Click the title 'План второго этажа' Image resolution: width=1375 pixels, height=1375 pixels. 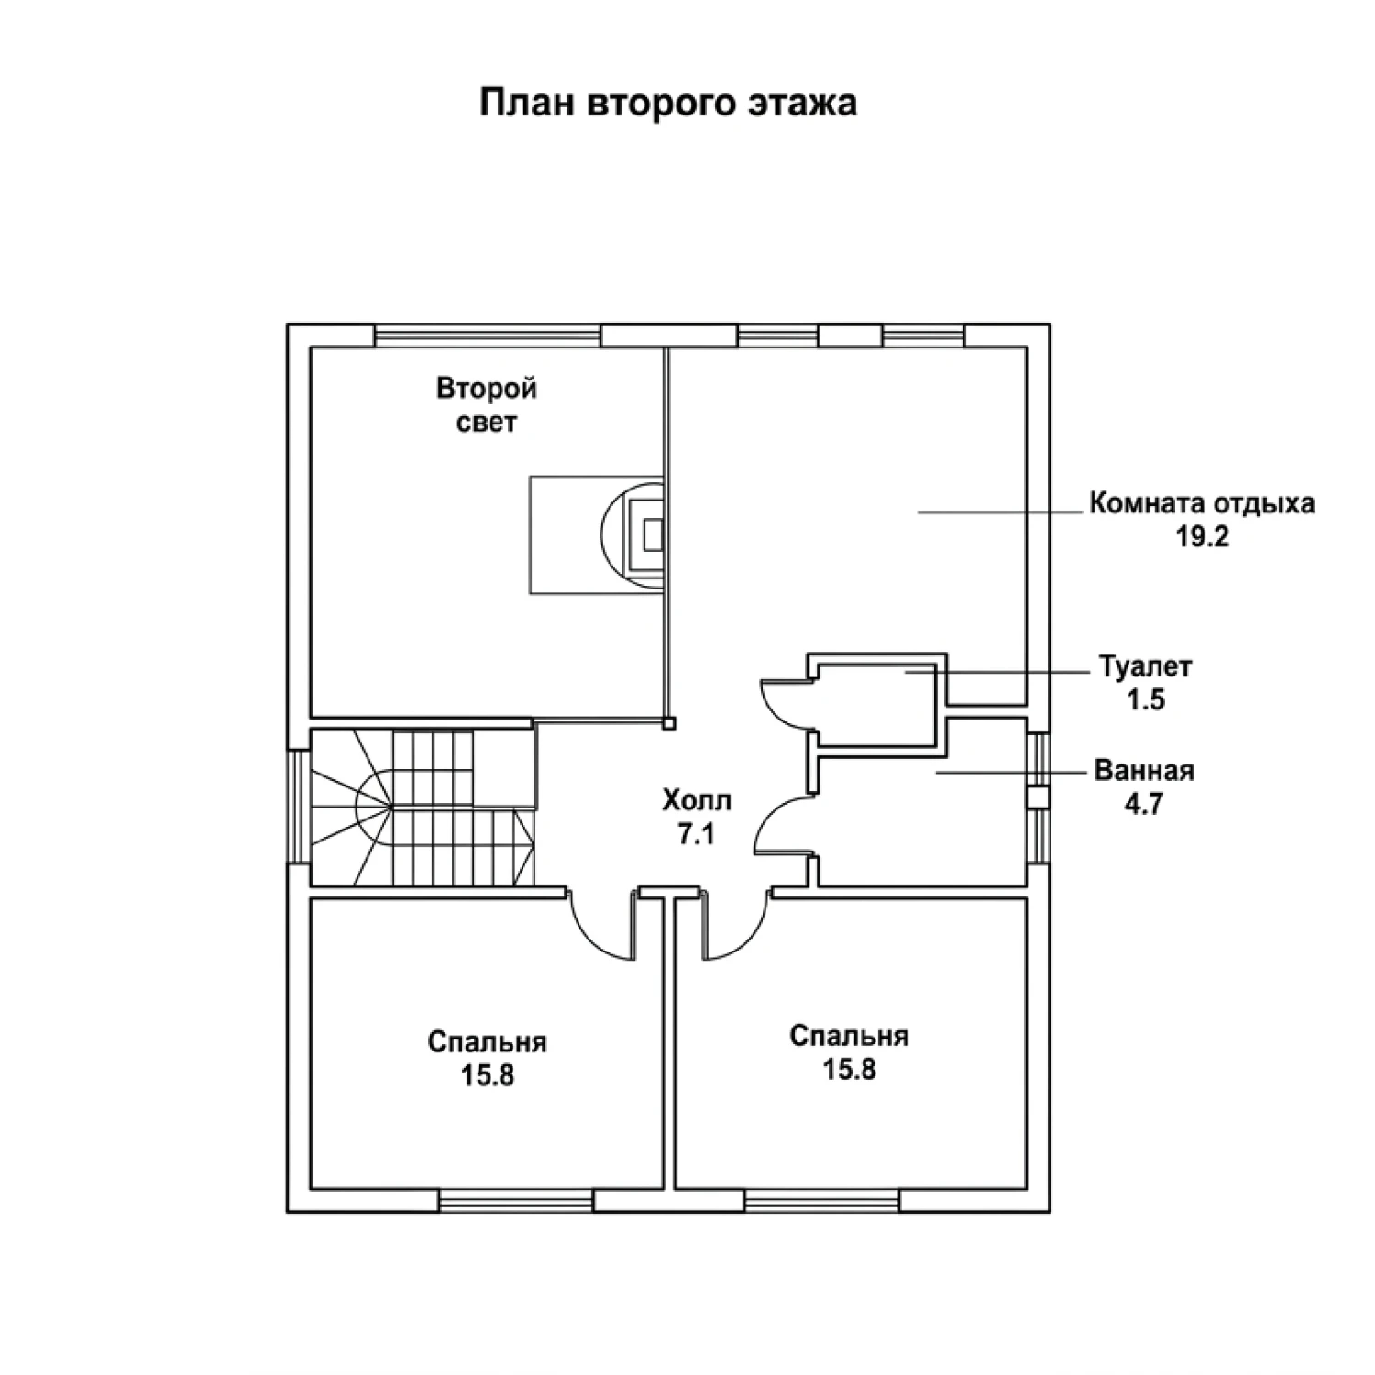pos(668,103)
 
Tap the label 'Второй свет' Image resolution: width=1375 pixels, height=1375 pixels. pos(486,405)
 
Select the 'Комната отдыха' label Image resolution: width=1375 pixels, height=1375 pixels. pos(1202,503)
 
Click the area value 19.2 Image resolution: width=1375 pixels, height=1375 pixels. pos(1202,537)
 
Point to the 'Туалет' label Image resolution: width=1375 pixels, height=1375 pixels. pos(1146,666)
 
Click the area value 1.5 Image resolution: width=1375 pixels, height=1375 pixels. pos(1146,700)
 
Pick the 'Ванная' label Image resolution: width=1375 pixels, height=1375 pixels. pos(1144,770)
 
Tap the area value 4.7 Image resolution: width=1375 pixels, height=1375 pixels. pos(1144,804)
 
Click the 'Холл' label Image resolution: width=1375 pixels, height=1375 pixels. pos(697,801)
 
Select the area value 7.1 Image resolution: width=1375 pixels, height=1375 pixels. pos(697,835)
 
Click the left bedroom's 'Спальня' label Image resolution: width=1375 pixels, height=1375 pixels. pos(487,1042)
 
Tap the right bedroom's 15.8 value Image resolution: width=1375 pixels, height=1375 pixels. pos(849,1069)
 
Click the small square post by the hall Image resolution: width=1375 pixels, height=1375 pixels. pos(670,723)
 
